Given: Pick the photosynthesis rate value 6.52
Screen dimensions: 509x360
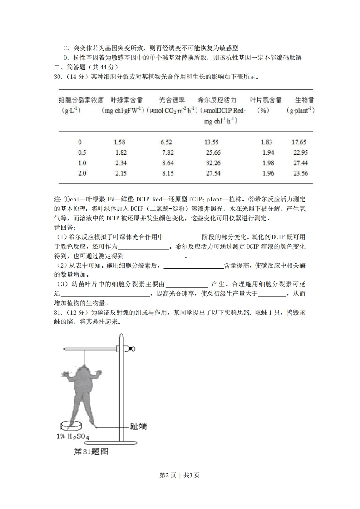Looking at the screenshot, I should pyautogui.click(x=168, y=142).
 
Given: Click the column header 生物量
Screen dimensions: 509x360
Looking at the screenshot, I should pyautogui.click(x=305, y=100).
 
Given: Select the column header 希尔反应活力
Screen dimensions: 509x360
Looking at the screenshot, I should pyautogui.click(x=217, y=100).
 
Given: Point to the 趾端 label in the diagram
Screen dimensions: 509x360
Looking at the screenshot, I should pyautogui.click(x=136, y=426).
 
